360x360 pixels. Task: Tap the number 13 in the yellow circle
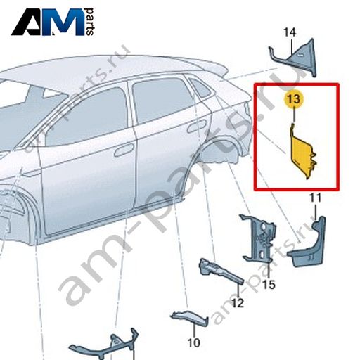pos(294,99)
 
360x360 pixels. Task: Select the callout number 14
pos(290,32)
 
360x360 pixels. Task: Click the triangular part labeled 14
pos(297,58)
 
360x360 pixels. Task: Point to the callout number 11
pos(315,198)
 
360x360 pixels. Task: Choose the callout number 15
pos(269,285)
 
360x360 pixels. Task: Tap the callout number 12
pos(238,303)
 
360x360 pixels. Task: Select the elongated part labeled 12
pos(220,271)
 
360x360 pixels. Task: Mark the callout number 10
pos(194,343)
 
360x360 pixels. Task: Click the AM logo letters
pos(48,22)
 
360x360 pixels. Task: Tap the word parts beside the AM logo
pos(90,22)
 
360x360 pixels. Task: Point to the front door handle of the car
pos(124,150)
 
